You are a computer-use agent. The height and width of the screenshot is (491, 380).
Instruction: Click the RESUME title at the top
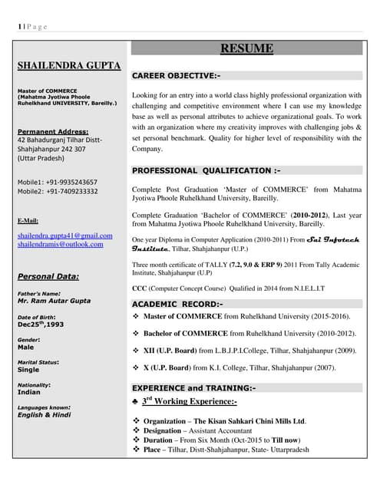pyautogui.click(x=246, y=49)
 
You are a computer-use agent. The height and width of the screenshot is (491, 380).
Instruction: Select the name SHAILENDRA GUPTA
pyautogui.click(x=68, y=66)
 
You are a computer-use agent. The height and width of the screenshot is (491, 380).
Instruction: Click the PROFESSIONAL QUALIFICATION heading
pyautogui.click(x=206, y=170)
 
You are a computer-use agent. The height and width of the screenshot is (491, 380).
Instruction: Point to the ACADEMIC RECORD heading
pyautogui.click(x=177, y=305)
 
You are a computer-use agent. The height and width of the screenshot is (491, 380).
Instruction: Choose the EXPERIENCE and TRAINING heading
pyautogui.click(x=193, y=388)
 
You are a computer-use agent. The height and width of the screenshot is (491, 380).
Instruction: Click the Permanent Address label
pyautogui.click(x=53, y=131)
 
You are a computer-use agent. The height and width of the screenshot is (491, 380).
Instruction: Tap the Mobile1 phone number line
pyautogui.click(x=57, y=182)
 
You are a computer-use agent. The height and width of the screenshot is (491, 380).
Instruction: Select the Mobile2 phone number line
pyautogui.click(x=57, y=191)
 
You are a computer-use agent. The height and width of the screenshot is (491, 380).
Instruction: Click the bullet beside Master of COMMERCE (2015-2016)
pyautogui.click(x=136, y=316)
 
